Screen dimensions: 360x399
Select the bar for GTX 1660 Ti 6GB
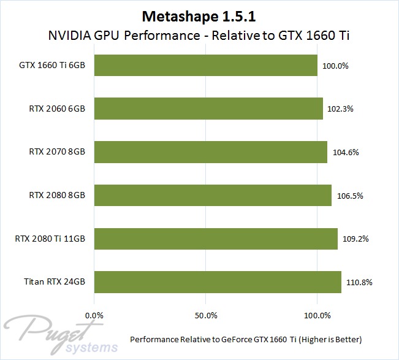pos(205,65)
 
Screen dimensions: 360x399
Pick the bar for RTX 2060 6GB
pos(208,109)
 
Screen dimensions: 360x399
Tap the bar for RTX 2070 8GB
pos(210,152)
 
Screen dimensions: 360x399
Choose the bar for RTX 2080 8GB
pos(213,196)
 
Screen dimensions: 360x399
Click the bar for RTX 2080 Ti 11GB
pos(216,239)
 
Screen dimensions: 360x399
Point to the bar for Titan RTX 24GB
pos(218,282)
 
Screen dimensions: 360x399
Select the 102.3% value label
pos(341,109)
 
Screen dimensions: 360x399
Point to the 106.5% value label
pos(350,196)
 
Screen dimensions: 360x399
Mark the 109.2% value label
pos(356,239)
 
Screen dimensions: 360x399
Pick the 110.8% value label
pos(359,283)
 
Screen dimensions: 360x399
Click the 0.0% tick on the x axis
pos(94,315)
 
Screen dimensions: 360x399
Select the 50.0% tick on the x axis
pos(205,315)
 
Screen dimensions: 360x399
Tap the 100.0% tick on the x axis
pos(317,315)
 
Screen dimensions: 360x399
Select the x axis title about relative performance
pos(246,339)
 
